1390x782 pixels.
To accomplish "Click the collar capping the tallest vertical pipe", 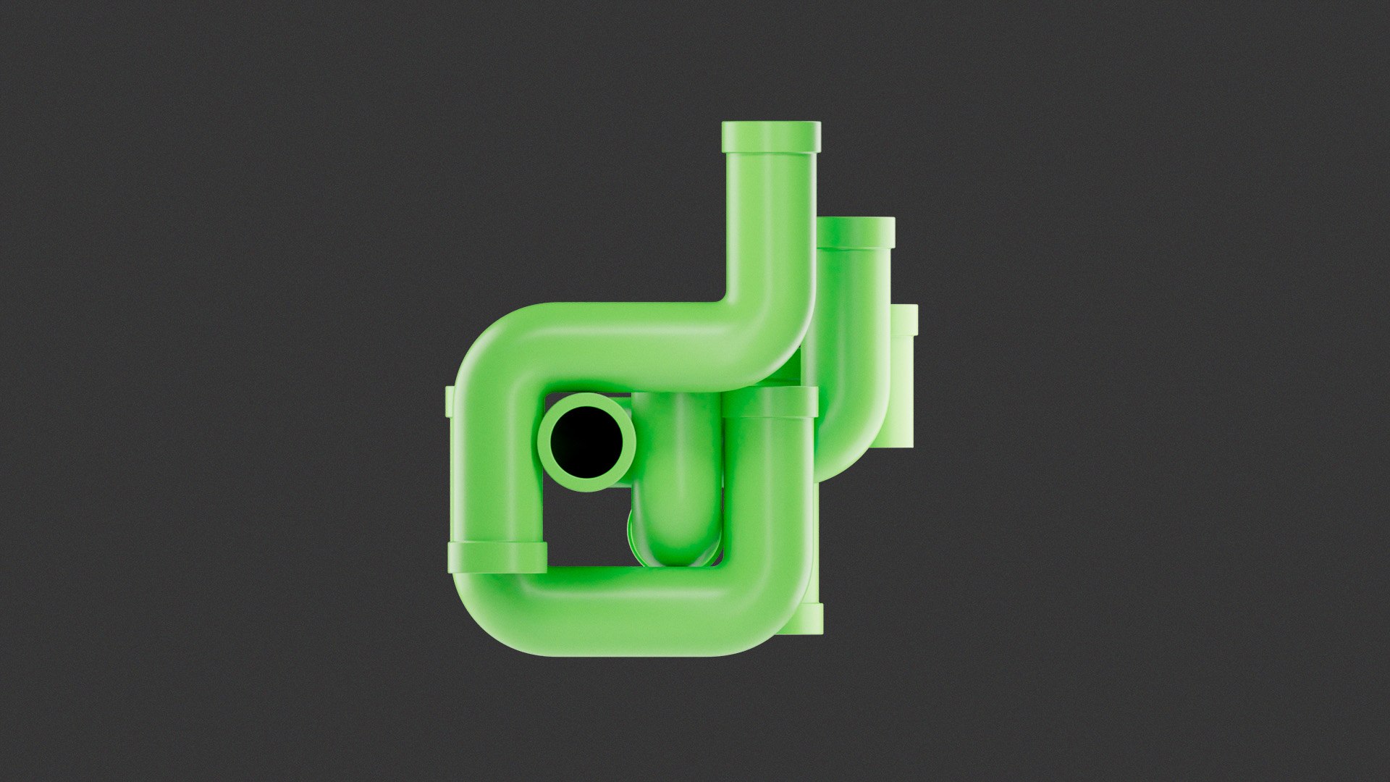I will coord(771,136).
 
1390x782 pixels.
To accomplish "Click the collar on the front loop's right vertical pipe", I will coord(770,402).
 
